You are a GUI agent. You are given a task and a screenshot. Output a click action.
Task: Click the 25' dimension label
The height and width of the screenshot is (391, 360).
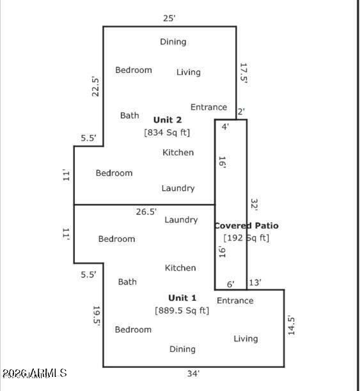click(169, 19)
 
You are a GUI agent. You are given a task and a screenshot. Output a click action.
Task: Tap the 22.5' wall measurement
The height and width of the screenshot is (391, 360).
click(95, 86)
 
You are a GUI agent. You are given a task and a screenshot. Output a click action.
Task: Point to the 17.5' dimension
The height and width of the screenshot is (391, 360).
click(243, 73)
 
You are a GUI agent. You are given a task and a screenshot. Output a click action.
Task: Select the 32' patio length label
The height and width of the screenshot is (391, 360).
click(254, 204)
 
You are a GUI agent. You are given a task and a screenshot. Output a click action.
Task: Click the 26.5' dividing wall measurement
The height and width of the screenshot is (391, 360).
click(146, 212)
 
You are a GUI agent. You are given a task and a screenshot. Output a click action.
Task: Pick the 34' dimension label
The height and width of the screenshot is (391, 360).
click(194, 374)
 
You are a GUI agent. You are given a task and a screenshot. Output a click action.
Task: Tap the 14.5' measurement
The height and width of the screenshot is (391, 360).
click(291, 325)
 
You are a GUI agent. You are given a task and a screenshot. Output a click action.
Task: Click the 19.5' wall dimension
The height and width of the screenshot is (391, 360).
click(97, 316)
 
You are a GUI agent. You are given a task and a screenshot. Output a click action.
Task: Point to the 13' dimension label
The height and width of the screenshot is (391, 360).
click(254, 283)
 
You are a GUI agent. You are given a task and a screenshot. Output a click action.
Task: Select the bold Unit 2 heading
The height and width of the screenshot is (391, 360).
click(168, 120)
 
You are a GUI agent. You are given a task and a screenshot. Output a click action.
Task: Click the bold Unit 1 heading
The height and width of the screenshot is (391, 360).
click(182, 298)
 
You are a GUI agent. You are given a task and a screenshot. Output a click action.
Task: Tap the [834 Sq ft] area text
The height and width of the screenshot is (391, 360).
click(167, 132)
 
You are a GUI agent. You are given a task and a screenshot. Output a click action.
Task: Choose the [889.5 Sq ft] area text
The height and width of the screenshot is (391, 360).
click(182, 310)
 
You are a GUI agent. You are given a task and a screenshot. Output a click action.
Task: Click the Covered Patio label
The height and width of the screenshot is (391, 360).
click(247, 226)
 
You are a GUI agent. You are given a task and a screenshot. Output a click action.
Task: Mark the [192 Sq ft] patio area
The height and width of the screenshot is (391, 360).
click(247, 238)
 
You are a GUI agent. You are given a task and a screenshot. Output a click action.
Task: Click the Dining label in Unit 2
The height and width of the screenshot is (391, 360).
click(173, 42)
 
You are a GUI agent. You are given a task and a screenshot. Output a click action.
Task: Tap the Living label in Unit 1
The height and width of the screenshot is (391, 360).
click(246, 339)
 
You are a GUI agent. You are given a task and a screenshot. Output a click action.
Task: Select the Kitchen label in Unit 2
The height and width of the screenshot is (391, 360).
click(178, 152)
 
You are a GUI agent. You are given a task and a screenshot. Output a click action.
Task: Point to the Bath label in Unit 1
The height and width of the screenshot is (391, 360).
click(127, 282)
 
